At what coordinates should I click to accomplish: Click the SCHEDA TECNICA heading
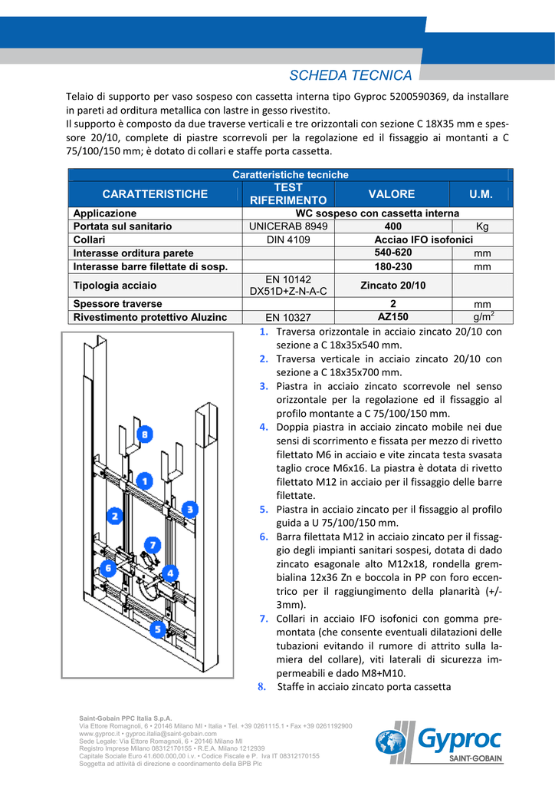[x=350, y=75]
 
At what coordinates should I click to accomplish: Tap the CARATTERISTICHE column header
[x=155, y=194]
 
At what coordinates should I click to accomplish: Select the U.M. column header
[x=481, y=194]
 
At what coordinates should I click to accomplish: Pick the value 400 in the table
[x=392, y=226]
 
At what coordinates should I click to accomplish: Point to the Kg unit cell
[x=482, y=226]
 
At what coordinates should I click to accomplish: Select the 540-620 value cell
[x=392, y=253]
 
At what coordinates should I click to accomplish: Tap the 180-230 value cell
[x=392, y=266]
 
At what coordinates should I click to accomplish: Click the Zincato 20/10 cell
[x=392, y=286]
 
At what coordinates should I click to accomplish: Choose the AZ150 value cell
[x=392, y=316]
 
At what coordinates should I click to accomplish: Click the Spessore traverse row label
[x=117, y=304]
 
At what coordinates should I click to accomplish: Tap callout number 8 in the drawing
[x=144, y=434]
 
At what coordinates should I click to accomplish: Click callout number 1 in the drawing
[x=143, y=481]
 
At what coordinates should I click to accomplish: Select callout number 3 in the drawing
[x=189, y=508]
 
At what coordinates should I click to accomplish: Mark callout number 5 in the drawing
[x=157, y=629]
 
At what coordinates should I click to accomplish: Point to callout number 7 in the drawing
[x=152, y=545]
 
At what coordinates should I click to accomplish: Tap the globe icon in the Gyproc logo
[x=390, y=742]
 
